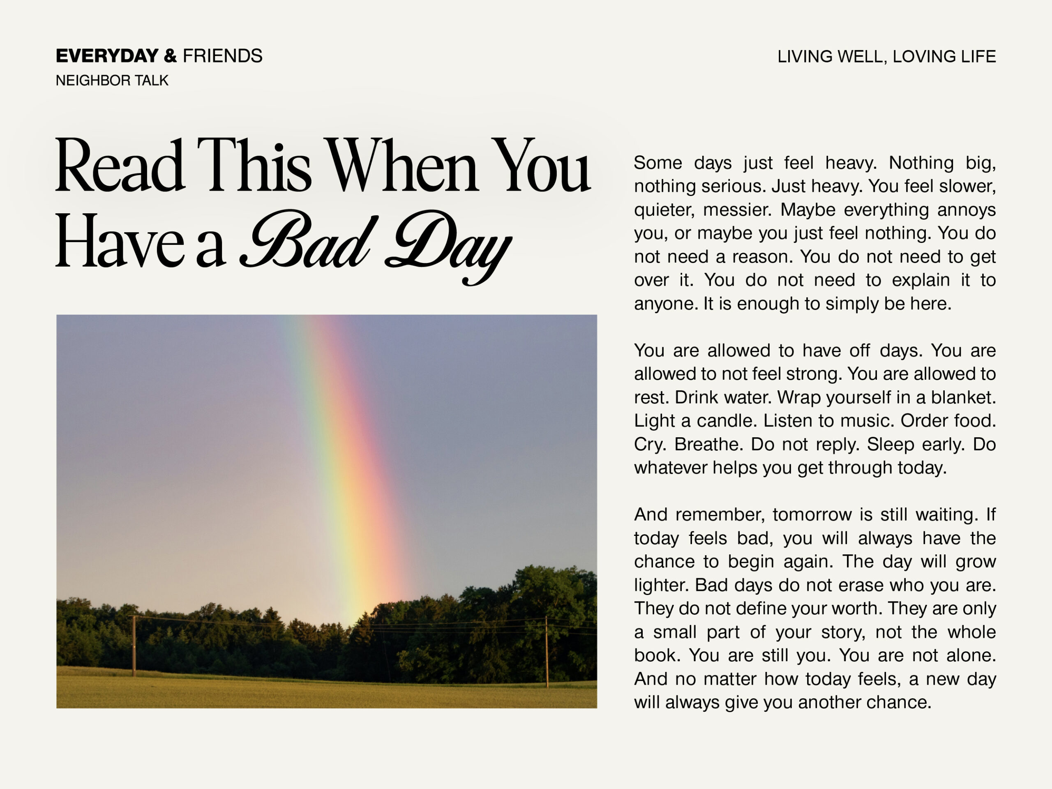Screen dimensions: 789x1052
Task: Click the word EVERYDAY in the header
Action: (107, 56)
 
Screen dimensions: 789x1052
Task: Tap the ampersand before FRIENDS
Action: (170, 56)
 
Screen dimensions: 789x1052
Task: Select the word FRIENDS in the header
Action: (223, 56)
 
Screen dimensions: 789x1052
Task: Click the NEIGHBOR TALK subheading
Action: (112, 81)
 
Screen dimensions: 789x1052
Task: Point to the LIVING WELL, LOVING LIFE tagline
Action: (886, 57)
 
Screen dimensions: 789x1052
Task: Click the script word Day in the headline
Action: (447, 245)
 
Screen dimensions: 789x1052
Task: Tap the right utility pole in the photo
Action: (547, 652)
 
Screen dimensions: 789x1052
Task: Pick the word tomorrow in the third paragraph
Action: (812, 514)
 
